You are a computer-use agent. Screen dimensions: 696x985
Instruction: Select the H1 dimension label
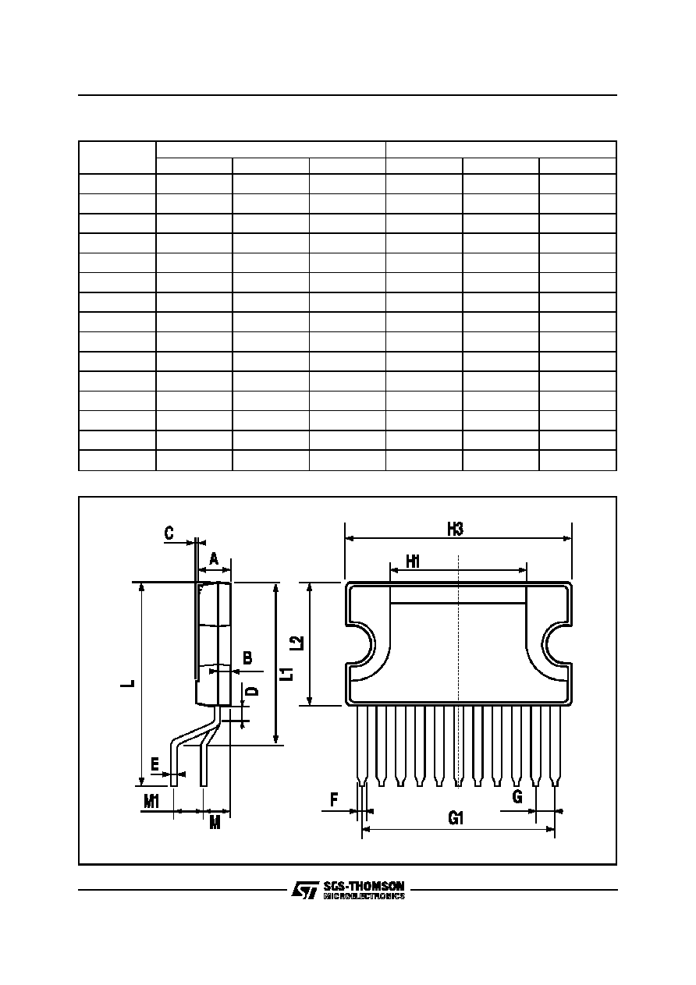tap(413, 562)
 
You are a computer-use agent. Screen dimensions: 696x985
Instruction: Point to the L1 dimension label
tap(288, 674)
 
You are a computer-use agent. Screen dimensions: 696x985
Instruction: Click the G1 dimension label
tap(456, 818)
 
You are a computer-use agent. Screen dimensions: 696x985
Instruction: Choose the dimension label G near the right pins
tap(517, 796)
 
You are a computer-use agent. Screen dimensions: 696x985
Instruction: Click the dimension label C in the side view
tap(169, 533)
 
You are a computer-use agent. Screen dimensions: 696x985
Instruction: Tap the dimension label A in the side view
tap(214, 559)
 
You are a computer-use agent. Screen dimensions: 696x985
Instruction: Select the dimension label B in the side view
tap(247, 658)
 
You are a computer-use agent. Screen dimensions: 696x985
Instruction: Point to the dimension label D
tap(253, 691)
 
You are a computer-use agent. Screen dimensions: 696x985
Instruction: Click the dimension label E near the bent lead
tap(154, 765)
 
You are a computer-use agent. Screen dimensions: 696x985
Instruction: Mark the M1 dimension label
tap(151, 803)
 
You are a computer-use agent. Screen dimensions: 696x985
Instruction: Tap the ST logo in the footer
tap(305, 890)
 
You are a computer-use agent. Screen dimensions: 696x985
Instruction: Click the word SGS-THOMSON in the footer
tap(364, 885)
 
